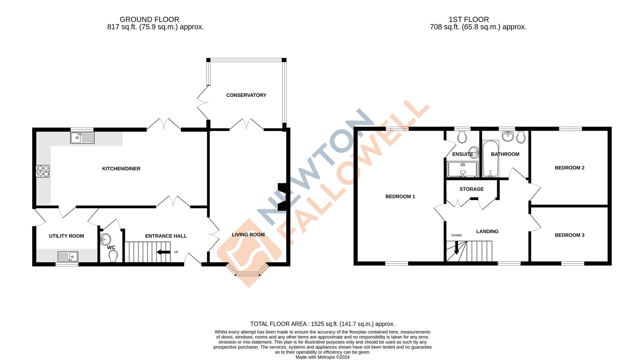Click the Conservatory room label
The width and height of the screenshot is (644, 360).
[246, 95]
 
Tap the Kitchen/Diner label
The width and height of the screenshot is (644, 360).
[121, 169]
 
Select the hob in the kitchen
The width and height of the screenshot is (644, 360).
[43, 171]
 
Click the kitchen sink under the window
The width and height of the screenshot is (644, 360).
[82, 138]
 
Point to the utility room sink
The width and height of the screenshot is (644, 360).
[68, 257]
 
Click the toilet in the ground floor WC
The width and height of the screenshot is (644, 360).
[113, 256]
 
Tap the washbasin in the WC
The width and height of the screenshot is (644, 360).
[105, 240]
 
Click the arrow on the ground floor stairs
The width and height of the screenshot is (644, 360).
[164, 252]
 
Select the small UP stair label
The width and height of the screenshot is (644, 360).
[176, 252]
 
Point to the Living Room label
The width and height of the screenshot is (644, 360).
[248, 235]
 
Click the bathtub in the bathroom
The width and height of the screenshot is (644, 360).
[490, 159]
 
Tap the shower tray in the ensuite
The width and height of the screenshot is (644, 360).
[462, 169]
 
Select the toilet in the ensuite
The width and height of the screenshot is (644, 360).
[462, 137]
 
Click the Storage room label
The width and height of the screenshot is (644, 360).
[471, 189]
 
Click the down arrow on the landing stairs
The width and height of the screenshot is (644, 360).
[456, 248]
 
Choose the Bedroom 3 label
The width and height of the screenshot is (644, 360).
[569, 235]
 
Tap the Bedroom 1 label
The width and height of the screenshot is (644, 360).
[400, 197]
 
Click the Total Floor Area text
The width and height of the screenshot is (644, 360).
[322, 324]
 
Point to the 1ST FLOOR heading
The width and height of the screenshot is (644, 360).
[469, 20]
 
